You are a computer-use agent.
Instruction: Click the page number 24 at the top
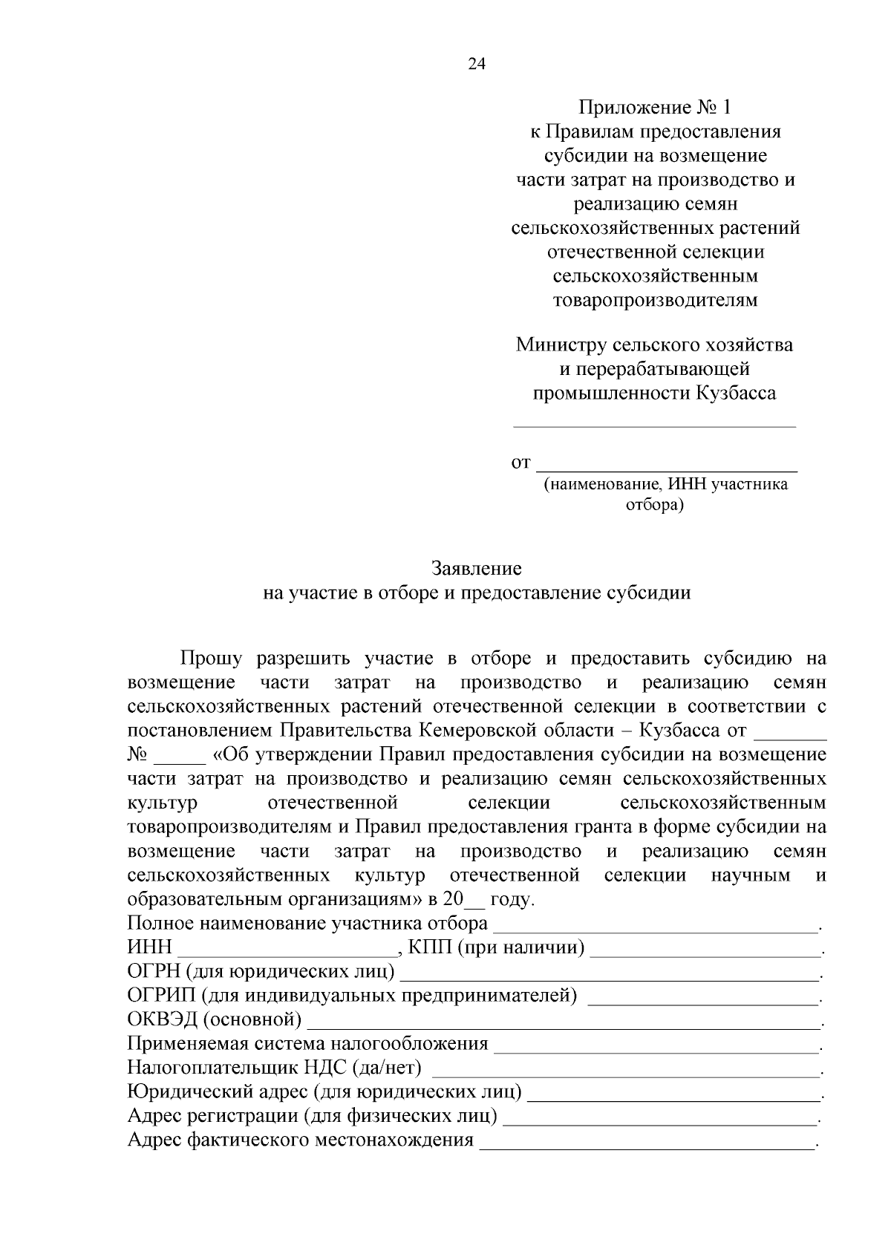pyautogui.click(x=476, y=65)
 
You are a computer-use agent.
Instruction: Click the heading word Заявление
pyautogui.click(x=477, y=569)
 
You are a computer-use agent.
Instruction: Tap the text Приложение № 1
pyautogui.click(x=655, y=108)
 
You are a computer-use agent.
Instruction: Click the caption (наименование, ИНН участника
pyautogui.click(x=665, y=485)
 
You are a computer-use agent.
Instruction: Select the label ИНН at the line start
pyautogui.click(x=149, y=947)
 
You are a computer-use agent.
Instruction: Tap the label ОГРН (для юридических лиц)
pyautogui.click(x=261, y=972)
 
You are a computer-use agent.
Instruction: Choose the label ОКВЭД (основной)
pyautogui.click(x=214, y=1020)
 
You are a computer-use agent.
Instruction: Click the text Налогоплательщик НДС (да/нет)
pyautogui.click(x=274, y=1068)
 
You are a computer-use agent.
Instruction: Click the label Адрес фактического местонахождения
pyautogui.click(x=300, y=1140)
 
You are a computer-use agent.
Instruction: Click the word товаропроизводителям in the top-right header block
pyautogui.click(x=655, y=300)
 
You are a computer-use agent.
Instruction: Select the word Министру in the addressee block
pyautogui.click(x=561, y=345)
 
